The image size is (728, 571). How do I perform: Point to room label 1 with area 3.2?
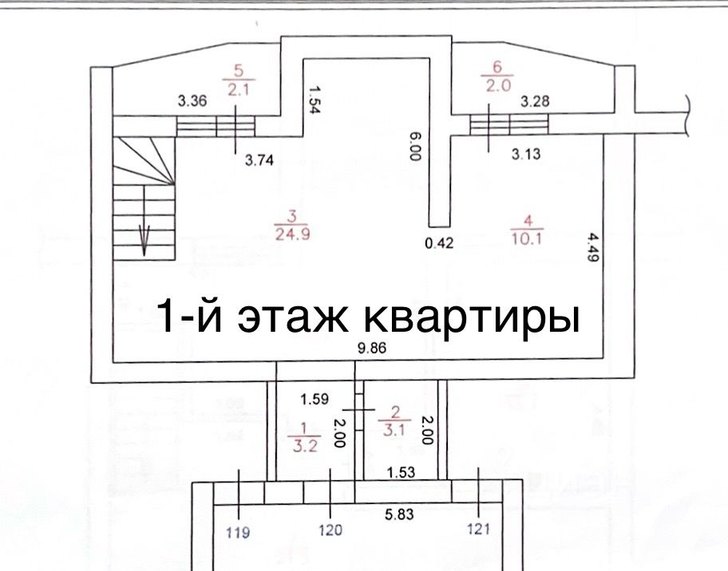pos(306,438)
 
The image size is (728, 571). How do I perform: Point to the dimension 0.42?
pos(439,244)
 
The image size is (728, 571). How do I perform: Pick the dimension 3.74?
pos(259,159)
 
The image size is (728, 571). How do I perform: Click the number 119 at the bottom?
pos(238,530)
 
